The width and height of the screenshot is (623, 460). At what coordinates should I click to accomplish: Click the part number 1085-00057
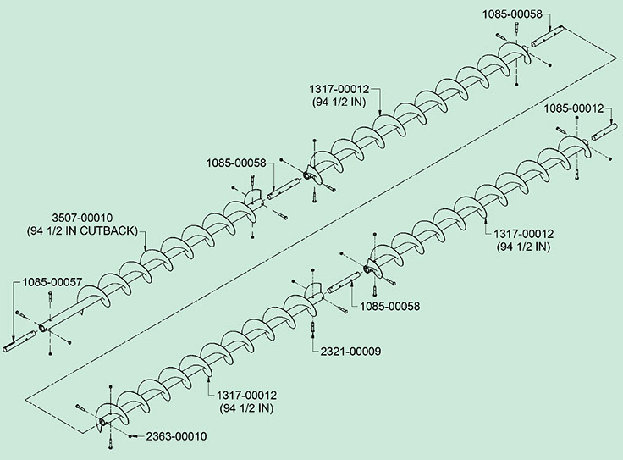(52, 280)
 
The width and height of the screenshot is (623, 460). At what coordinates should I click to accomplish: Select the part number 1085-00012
(574, 108)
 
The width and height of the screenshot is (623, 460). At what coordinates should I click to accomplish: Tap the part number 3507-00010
(82, 218)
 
